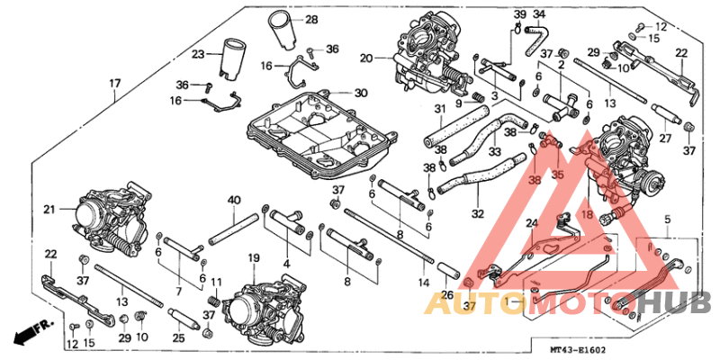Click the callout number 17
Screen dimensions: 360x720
click(x=114, y=85)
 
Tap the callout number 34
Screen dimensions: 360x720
click(x=540, y=13)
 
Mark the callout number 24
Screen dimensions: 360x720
click(x=531, y=223)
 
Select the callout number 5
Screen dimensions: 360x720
click(x=668, y=218)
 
